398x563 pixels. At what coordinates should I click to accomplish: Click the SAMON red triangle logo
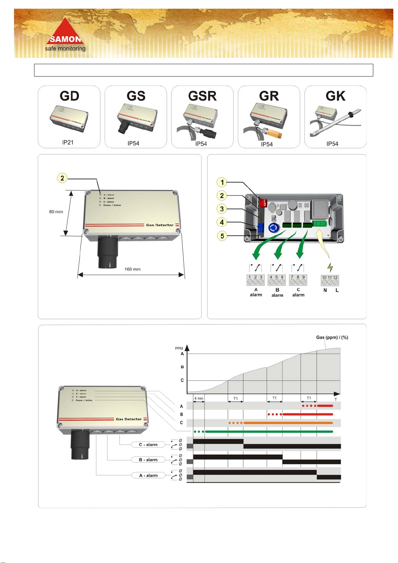(65, 32)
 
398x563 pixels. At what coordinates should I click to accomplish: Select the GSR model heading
(202, 96)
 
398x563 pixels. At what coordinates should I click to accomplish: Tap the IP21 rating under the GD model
(68, 142)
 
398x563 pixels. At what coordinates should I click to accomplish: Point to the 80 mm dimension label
(56, 212)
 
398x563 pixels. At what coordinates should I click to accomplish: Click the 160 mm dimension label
(132, 269)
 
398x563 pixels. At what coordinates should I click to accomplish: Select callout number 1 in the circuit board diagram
(222, 182)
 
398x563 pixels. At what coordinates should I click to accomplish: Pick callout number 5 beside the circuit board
(222, 236)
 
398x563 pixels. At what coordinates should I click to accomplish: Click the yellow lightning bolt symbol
(330, 267)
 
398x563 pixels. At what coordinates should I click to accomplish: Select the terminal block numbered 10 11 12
(330, 280)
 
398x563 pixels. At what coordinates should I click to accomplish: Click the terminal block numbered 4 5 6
(277, 280)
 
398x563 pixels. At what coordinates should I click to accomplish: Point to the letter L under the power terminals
(337, 290)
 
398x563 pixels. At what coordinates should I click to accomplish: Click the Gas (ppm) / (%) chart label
(332, 337)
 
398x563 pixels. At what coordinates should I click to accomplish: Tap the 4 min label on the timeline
(199, 398)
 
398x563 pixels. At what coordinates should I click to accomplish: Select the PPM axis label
(179, 348)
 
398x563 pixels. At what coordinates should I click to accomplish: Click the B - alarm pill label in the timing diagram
(148, 460)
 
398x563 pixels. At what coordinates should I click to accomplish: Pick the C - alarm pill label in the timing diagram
(148, 445)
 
